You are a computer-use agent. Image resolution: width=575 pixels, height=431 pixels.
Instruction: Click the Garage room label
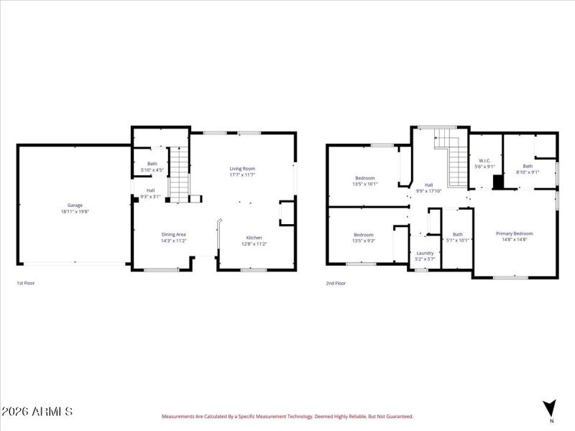point(75,205)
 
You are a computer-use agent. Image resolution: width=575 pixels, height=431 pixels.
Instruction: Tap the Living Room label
point(242,168)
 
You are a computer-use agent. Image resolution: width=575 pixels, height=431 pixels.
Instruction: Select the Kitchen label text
point(254,238)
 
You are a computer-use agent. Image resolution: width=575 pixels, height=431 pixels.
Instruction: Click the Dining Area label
point(173,234)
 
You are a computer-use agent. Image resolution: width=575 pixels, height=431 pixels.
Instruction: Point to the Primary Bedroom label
point(514,233)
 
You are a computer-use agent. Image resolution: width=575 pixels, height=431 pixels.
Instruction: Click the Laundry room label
point(425,253)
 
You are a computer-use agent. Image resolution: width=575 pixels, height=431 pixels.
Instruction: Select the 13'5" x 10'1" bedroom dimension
point(365,184)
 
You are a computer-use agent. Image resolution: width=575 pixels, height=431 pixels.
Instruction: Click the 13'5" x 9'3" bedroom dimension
point(364,241)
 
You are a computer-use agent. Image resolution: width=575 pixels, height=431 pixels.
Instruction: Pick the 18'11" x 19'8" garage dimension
point(75,211)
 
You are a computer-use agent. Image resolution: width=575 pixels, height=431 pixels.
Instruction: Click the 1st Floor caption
point(26,283)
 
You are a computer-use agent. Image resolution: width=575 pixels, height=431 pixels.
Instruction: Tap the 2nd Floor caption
point(336,283)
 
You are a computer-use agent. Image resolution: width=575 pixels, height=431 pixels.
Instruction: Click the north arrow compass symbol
point(550,407)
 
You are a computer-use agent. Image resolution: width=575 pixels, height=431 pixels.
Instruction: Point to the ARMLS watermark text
point(37,412)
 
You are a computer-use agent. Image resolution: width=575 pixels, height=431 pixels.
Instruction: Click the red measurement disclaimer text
point(287,416)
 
